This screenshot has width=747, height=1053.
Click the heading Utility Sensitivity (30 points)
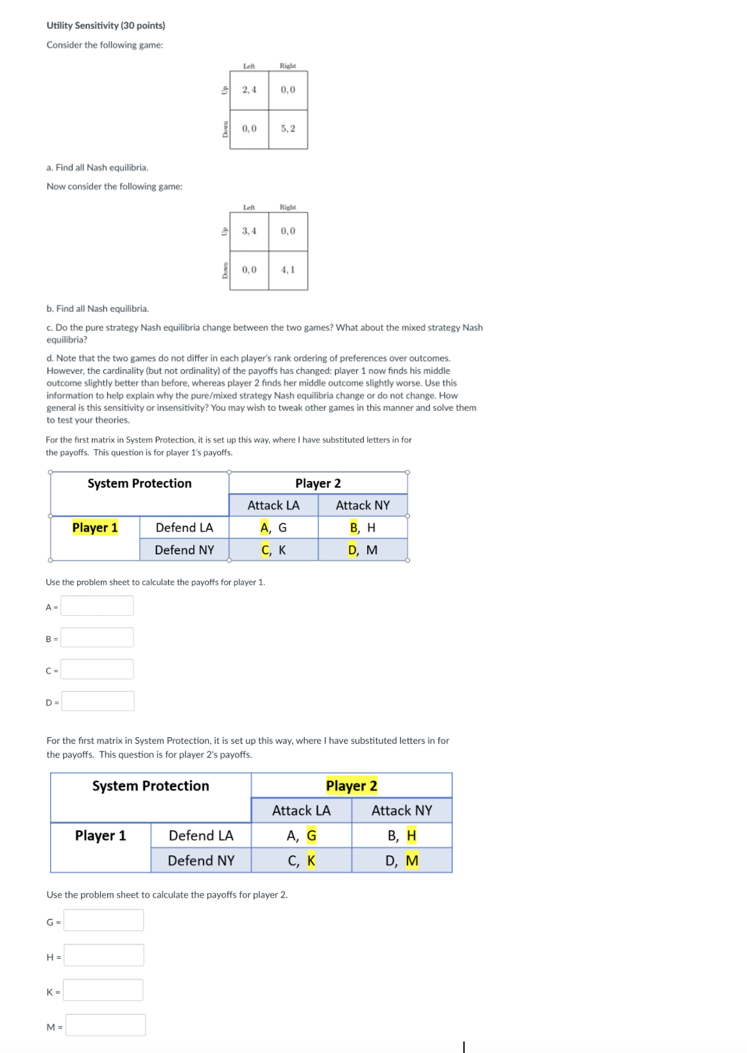click(105, 26)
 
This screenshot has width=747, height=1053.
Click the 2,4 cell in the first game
click(249, 90)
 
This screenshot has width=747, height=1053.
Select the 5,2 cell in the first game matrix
click(288, 128)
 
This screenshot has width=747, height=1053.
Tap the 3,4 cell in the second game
click(249, 231)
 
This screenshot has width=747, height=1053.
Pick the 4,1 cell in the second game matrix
click(288, 270)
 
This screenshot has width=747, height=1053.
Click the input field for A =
click(97, 605)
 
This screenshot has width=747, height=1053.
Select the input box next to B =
click(97, 638)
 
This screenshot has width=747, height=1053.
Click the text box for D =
click(98, 701)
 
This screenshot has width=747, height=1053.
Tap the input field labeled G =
click(103, 921)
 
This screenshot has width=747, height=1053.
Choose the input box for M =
click(105, 1025)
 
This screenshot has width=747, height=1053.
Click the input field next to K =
click(103, 991)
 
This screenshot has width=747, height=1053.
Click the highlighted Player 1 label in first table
click(95, 528)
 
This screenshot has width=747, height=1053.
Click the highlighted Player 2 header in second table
click(351, 786)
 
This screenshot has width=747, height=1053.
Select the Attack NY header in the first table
click(363, 505)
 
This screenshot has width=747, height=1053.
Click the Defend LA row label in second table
click(201, 835)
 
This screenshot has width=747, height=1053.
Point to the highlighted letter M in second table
click(412, 860)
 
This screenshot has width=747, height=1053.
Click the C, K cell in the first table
click(273, 550)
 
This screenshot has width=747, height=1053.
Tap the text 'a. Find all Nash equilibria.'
click(97, 168)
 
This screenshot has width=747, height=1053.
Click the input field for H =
click(103, 955)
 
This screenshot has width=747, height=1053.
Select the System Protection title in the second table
click(150, 786)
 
